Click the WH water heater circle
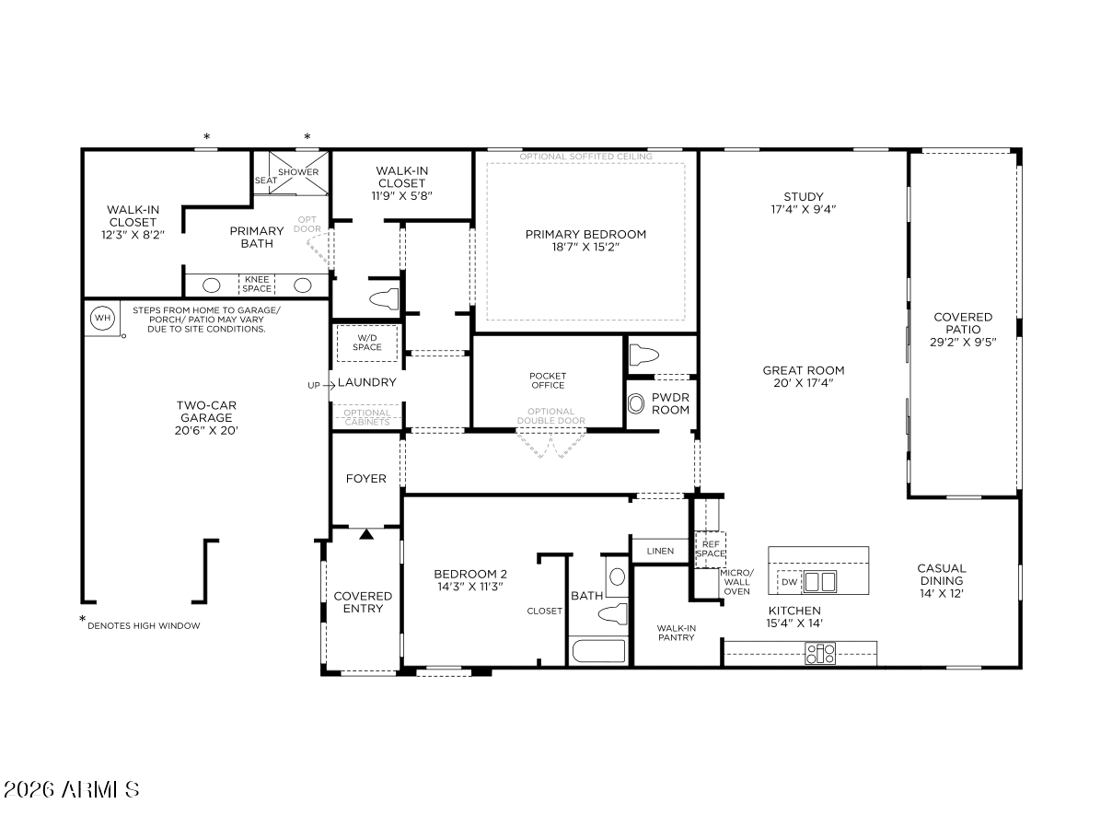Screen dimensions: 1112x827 click(x=103, y=318)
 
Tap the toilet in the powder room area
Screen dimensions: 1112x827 click(x=643, y=355)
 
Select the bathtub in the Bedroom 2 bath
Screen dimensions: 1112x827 click(x=598, y=650)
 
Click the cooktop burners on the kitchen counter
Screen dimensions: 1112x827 click(x=819, y=654)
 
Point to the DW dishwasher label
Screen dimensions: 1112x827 click(x=789, y=582)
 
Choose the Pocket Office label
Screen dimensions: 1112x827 click(x=548, y=380)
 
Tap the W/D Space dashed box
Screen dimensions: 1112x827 click(x=367, y=343)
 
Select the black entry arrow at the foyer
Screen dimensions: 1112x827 click(x=366, y=534)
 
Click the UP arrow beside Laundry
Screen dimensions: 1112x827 click(x=329, y=385)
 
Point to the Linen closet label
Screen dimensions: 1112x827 click(x=660, y=551)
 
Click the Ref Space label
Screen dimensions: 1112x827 click(x=711, y=549)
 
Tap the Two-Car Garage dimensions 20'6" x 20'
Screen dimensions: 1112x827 click(x=206, y=430)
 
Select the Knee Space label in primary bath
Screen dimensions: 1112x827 click(x=257, y=284)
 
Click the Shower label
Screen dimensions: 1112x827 click(x=298, y=171)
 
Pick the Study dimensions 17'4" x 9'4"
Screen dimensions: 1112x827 click(x=804, y=209)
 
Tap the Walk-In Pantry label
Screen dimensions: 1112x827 click(x=676, y=633)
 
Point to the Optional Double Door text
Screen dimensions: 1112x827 click(x=551, y=415)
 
